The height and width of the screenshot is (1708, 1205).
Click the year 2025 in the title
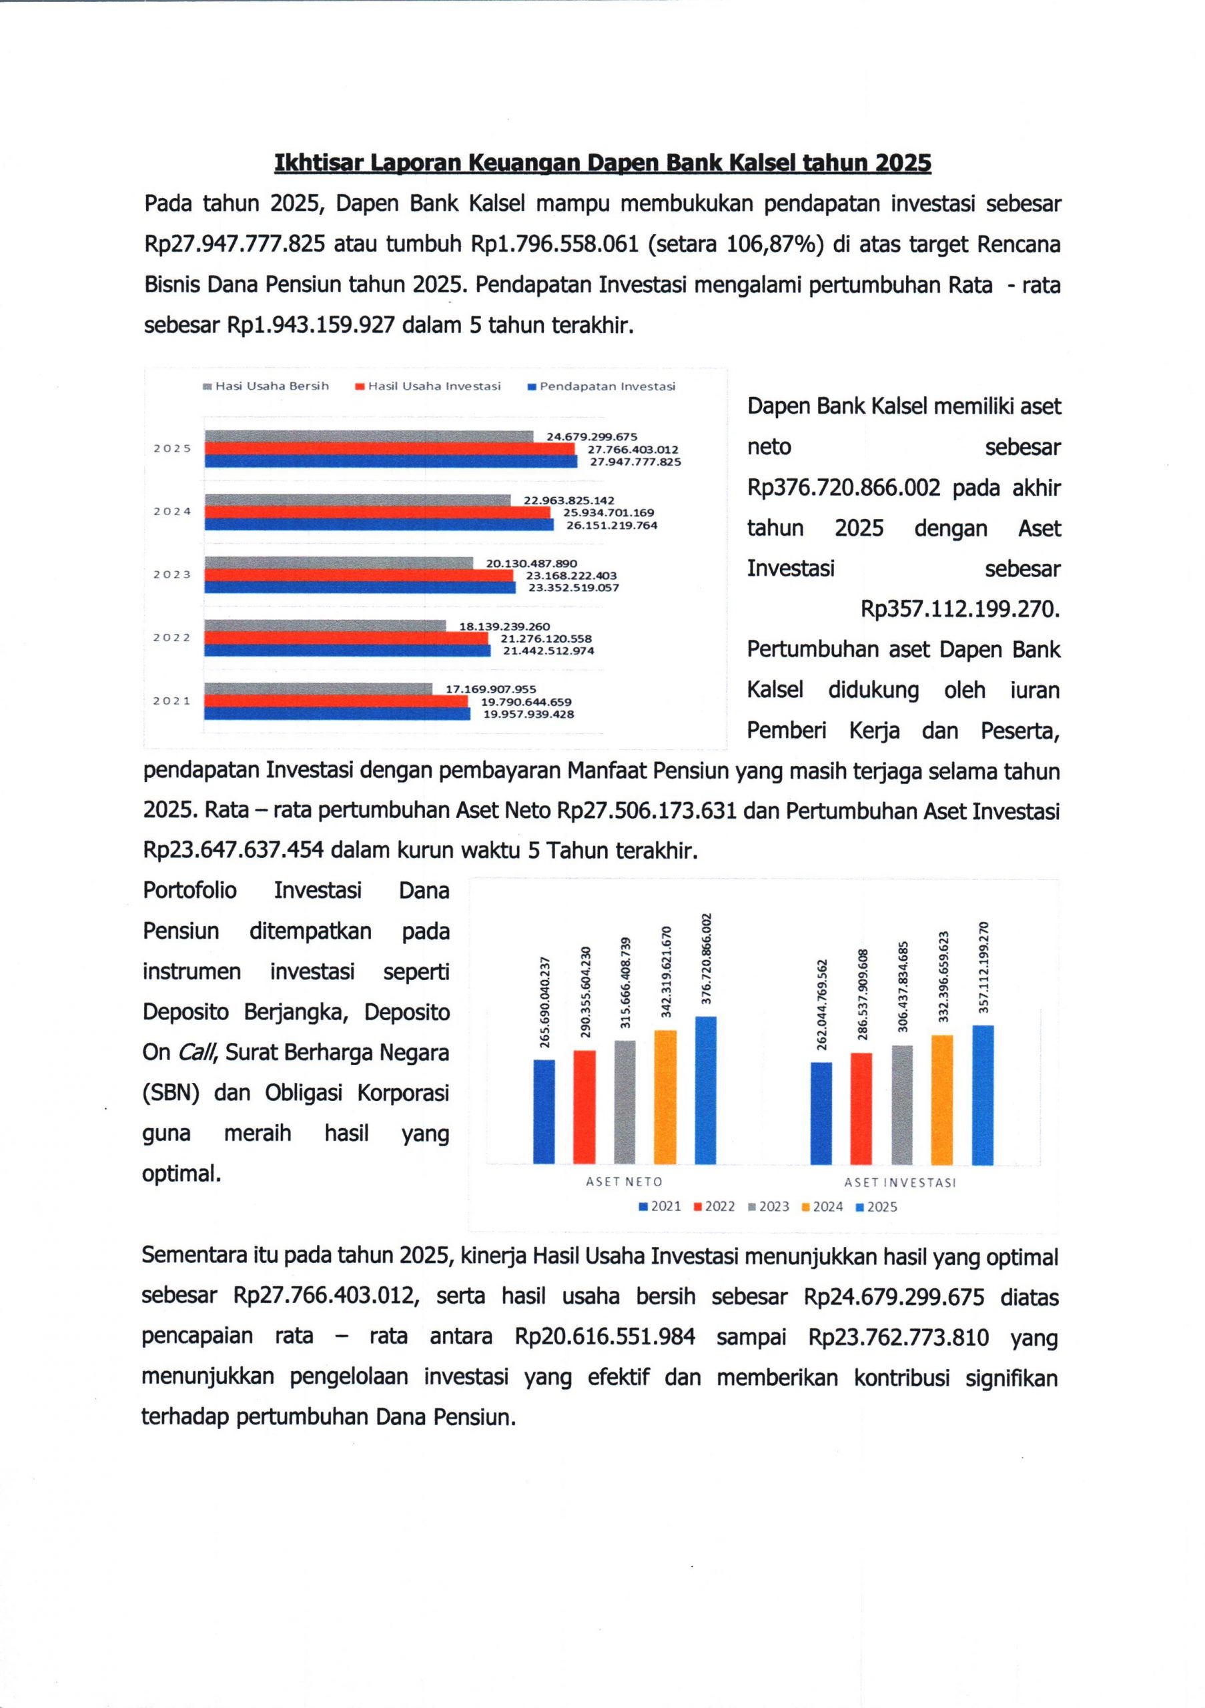pyautogui.click(x=902, y=163)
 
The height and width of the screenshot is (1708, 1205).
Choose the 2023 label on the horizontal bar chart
pyautogui.click(x=172, y=574)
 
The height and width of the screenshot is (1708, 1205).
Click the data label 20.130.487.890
pyautogui.click(x=531, y=563)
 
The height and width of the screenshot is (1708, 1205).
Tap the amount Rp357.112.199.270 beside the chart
pyautogui.click(x=959, y=609)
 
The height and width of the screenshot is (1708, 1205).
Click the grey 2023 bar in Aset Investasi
pyautogui.click(x=901, y=1104)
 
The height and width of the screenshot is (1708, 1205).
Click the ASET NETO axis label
pyautogui.click(x=623, y=1182)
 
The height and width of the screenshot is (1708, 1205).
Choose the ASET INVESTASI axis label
pyautogui.click(x=899, y=1182)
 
